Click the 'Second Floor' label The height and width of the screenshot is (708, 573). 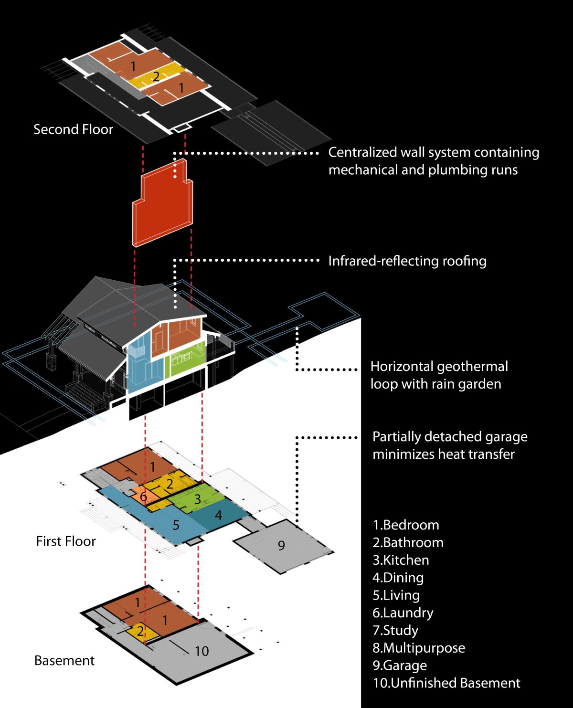(73, 129)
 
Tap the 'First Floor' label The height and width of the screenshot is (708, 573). (66, 541)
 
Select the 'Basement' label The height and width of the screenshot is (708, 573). (64, 661)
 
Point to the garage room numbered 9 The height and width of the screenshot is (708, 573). (281, 545)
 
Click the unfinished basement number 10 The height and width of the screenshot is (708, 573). (202, 651)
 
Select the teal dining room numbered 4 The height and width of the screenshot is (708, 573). (219, 516)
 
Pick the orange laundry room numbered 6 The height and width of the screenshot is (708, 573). (143, 497)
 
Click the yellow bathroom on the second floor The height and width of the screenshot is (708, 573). (156, 76)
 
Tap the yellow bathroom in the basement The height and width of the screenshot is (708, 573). (140, 631)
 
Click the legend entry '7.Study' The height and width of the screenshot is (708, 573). (395, 630)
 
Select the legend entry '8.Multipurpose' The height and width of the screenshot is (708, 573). (419, 648)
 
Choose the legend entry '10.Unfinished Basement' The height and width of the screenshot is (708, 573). (446, 683)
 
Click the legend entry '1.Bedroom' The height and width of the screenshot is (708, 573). (406, 525)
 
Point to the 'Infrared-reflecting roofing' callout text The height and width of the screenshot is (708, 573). (407, 261)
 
